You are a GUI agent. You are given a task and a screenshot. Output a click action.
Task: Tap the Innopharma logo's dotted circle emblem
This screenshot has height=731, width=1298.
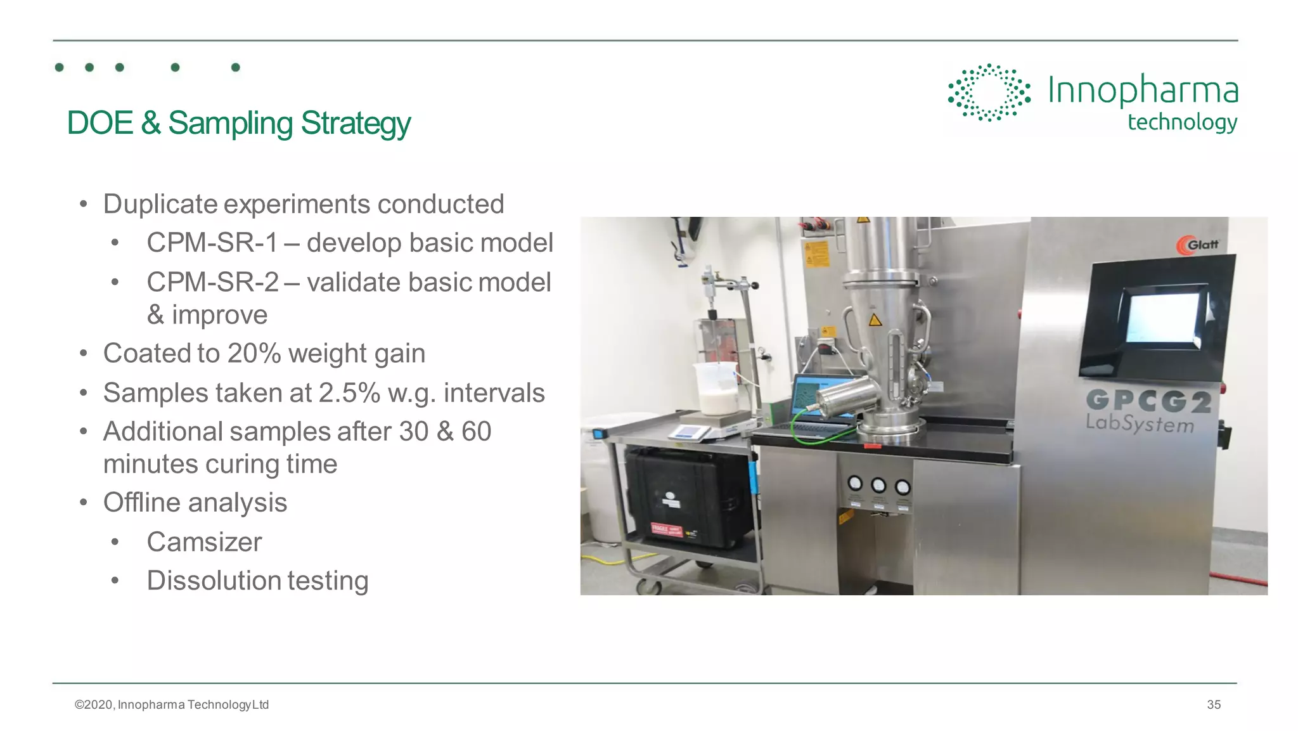988,93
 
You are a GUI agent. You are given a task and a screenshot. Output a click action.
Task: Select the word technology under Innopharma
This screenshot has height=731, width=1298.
1182,122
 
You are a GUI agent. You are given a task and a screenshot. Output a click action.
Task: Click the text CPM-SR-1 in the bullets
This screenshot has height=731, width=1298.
212,243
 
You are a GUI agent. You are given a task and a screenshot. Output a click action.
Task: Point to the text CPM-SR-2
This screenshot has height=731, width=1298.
212,283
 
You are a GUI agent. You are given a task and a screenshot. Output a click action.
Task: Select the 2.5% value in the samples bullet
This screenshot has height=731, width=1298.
349,393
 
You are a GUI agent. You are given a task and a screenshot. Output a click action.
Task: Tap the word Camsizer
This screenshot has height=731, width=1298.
204,542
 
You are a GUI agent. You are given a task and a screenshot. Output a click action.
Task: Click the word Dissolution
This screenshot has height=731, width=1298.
214,581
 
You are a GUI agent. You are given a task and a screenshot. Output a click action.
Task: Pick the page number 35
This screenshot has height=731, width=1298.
1213,704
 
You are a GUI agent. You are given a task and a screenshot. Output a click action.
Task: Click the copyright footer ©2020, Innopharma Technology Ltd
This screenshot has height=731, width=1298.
172,704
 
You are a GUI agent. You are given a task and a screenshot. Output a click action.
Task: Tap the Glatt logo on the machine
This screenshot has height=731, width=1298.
1197,245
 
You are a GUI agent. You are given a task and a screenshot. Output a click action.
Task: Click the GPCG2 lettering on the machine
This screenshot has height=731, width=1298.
1148,401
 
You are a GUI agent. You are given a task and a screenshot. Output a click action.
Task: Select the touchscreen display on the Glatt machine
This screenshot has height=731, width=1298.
1162,318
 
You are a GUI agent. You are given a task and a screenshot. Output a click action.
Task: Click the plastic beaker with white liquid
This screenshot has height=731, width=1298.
717,389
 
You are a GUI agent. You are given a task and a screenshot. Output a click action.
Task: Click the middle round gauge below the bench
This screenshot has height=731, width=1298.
878,486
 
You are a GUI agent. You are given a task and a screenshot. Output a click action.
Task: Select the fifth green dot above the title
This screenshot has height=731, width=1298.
236,67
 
